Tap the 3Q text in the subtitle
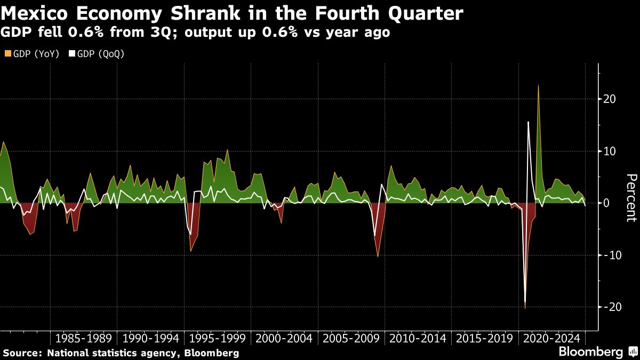click(x=164, y=33)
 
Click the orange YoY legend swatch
click(x=7, y=54)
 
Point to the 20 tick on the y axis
click(x=610, y=99)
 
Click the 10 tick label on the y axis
click(x=610, y=151)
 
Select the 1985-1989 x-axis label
click(x=83, y=338)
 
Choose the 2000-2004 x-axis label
click(x=284, y=338)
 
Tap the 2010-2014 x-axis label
click(x=418, y=338)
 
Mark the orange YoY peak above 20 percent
click(x=538, y=86)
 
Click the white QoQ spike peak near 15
click(x=528, y=122)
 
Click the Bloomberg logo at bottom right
click(x=591, y=352)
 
